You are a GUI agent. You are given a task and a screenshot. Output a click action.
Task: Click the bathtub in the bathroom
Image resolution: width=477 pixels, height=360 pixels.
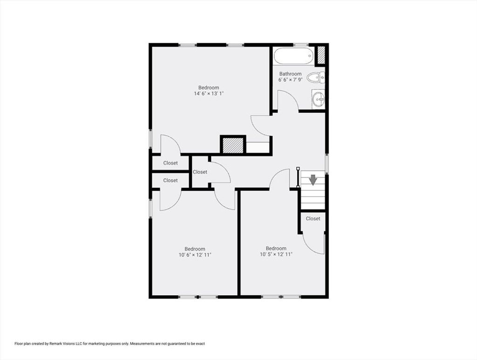(x=293, y=55)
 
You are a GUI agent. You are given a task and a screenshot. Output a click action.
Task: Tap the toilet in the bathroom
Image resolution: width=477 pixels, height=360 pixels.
(x=315, y=78)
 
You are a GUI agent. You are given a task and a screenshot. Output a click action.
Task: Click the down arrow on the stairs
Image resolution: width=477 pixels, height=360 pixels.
(x=313, y=180)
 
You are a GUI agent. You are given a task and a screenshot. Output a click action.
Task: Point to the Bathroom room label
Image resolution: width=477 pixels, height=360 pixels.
(x=290, y=74)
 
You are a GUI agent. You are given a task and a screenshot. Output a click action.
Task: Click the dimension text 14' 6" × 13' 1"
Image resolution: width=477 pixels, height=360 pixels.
(x=209, y=94)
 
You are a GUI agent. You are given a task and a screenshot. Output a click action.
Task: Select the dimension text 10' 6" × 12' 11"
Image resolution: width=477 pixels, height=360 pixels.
(x=195, y=255)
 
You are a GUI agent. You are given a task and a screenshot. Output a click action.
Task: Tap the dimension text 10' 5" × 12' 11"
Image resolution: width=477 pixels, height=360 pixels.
(x=276, y=254)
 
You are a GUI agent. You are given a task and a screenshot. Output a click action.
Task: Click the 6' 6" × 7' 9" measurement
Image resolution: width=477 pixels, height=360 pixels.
(x=290, y=80)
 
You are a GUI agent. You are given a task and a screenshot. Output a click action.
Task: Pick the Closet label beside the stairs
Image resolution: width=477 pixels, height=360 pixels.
(x=313, y=218)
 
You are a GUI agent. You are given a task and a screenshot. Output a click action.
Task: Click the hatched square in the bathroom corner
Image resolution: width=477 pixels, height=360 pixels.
(x=321, y=55)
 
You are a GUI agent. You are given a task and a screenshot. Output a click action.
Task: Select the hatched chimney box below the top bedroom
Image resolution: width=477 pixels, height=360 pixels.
(x=233, y=145)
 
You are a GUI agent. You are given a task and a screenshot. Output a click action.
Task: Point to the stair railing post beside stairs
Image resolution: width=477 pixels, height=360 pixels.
(x=298, y=177)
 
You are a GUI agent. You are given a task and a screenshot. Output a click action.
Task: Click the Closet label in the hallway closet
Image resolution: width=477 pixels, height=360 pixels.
(x=200, y=172)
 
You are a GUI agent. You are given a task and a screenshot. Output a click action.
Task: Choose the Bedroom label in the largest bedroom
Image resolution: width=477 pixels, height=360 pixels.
(x=209, y=88)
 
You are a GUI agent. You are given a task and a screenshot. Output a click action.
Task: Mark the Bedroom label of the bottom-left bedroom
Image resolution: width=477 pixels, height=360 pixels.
(x=195, y=249)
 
